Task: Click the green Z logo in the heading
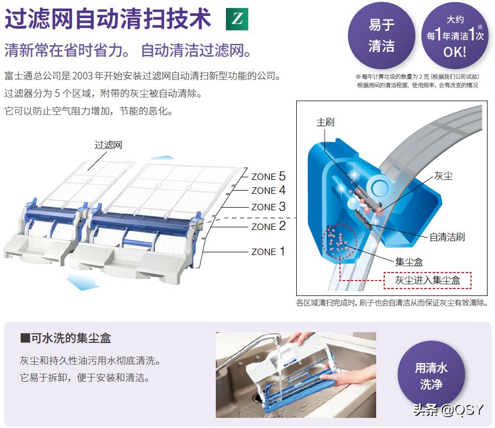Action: [x=238, y=19]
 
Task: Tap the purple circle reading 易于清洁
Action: [x=382, y=36]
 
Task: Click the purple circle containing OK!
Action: [x=455, y=36]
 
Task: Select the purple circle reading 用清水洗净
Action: [x=431, y=376]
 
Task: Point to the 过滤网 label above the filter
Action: [x=108, y=145]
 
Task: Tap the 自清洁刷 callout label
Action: [x=447, y=237]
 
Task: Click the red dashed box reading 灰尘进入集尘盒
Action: [x=427, y=280]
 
